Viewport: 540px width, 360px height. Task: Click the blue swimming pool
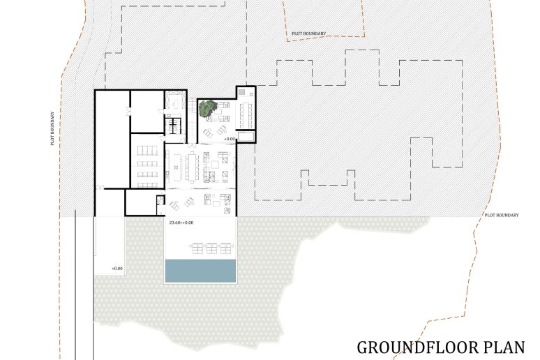pos(201,271)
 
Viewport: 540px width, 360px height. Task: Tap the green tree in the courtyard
pos(207,108)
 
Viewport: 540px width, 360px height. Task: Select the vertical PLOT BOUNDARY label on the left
pos(53,128)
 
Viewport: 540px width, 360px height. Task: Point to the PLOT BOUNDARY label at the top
pos(308,33)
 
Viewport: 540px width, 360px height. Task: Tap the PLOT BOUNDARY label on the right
pos(502,215)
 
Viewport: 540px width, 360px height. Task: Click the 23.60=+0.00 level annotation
pos(181,223)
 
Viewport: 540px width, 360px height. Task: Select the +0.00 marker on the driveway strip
pos(117,269)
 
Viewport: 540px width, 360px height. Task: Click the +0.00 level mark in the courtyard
pos(230,139)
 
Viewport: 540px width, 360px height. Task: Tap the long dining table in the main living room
pos(191,167)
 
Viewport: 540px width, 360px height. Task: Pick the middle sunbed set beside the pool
pos(211,248)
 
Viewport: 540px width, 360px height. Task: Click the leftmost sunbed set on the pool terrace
pos(197,248)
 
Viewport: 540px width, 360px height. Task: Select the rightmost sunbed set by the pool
pos(225,248)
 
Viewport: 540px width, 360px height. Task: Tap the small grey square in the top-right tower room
pos(242,91)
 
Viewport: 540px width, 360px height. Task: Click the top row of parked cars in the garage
pos(147,151)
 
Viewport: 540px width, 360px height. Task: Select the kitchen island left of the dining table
pos(178,167)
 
